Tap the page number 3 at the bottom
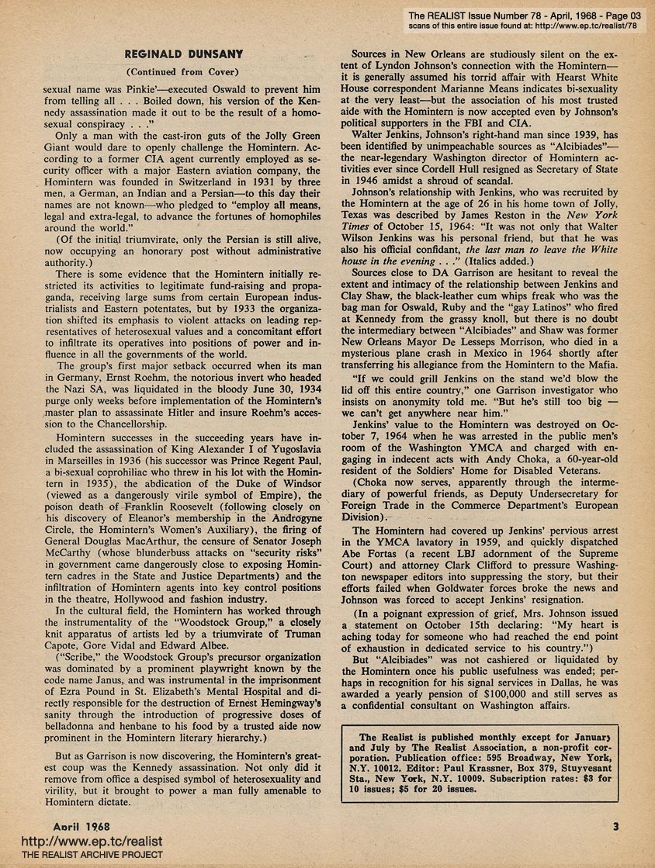615,825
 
